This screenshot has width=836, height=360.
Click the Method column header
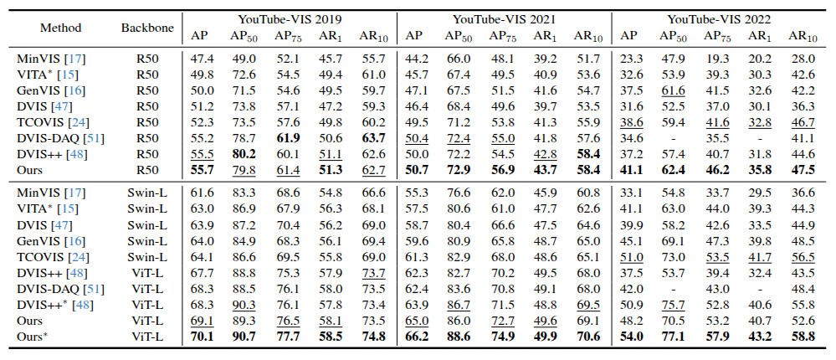coord(61,28)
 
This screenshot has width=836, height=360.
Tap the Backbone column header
coord(147,28)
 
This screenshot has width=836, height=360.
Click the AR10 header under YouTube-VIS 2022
coord(800,36)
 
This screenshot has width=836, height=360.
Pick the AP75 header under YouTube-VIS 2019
coord(287,36)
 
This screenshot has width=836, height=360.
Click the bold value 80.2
coord(243,153)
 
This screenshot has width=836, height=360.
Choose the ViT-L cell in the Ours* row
coord(147,336)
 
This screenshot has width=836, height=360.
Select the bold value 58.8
coord(801,336)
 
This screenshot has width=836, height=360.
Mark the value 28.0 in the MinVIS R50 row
coord(801,58)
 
